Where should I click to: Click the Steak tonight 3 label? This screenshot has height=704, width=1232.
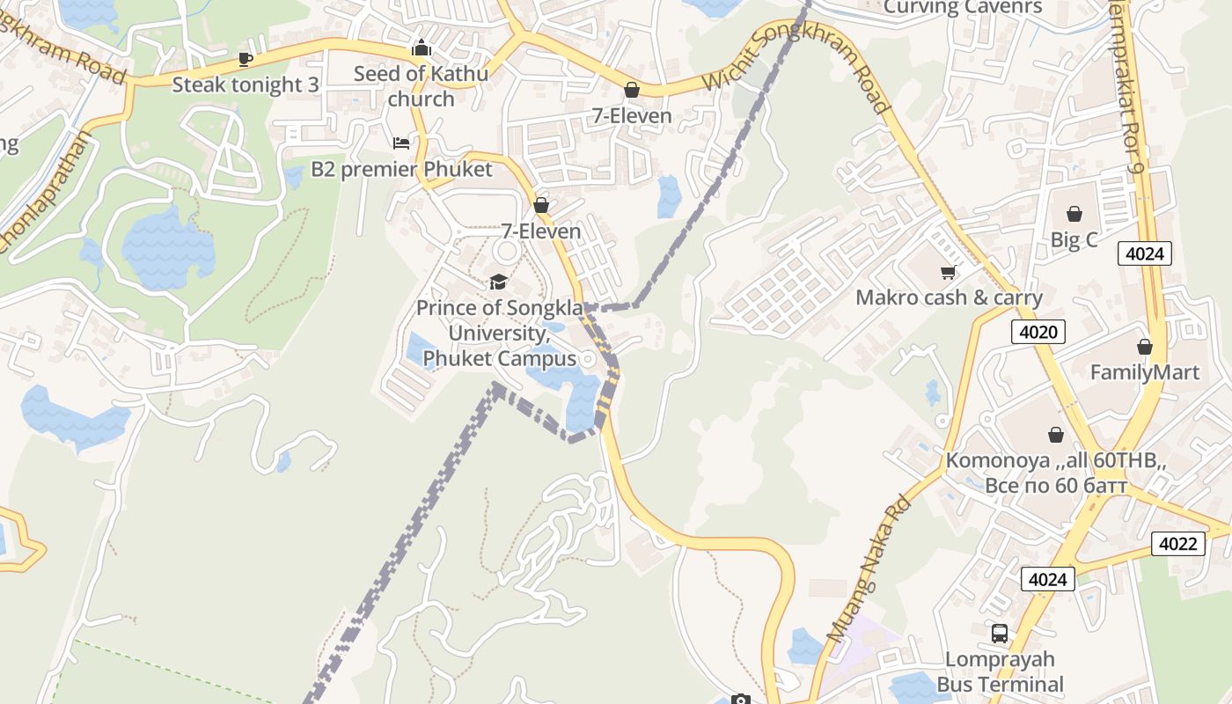click(x=245, y=85)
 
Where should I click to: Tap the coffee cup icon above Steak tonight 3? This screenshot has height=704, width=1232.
click(x=246, y=60)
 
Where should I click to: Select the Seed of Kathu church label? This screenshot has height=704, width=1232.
click(x=421, y=86)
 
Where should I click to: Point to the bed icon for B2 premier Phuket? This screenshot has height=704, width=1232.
click(x=401, y=143)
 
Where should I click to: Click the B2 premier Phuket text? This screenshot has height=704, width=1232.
click(x=401, y=169)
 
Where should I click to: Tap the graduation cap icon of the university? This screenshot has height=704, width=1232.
click(x=499, y=282)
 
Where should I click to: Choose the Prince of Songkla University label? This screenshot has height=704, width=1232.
click(x=499, y=334)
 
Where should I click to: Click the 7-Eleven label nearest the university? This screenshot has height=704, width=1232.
click(x=541, y=231)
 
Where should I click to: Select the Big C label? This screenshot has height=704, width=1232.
click(x=1074, y=240)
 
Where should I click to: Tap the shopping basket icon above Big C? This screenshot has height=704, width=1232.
click(x=1074, y=214)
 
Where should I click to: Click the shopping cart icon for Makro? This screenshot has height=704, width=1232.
click(x=948, y=272)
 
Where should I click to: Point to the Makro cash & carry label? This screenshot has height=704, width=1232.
click(x=949, y=297)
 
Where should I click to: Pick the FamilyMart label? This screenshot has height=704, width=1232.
click(x=1144, y=372)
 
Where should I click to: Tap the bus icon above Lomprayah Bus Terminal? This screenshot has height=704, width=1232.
click(x=1000, y=633)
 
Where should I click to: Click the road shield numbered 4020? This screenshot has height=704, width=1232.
click(x=1038, y=332)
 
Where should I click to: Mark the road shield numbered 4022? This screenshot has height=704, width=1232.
click(x=1177, y=544)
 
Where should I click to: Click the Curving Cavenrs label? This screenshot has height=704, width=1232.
click(x=962, y=8)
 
